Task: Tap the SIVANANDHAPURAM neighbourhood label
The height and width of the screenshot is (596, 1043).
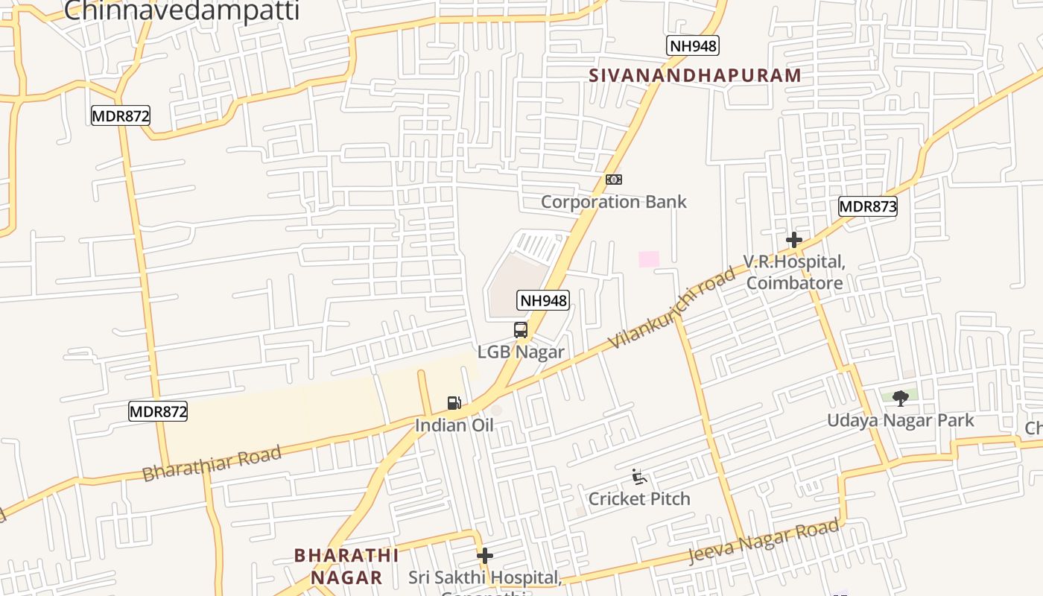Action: (x=695, y=75)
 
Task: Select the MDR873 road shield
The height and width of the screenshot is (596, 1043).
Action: (x=867, y=206)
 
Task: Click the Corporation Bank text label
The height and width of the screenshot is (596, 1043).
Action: (x=613, y=202)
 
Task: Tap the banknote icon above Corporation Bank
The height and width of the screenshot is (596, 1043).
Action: (x=614, y=180)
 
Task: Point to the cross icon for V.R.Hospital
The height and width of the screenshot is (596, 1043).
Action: (x=794, y=240)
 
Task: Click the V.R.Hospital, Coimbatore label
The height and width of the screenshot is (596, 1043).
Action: (x=794, y=273)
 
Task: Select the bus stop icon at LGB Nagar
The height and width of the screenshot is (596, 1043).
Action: (x=521, y=330)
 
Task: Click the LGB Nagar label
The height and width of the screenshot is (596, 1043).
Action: (x=521, y=352)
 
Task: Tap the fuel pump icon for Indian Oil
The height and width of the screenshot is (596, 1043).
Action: (x=454, y=403)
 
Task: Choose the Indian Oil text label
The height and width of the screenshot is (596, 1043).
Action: (x=454, y=425)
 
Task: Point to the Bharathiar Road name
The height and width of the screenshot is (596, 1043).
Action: (x=212, y=463)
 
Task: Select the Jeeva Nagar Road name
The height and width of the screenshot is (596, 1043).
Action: (x=764, y=542)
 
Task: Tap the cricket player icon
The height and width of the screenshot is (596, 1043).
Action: (x=638, y=477)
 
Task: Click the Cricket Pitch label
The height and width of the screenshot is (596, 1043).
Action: (x=639, y=498)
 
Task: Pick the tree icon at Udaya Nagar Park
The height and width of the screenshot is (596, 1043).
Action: (x=900, y=398)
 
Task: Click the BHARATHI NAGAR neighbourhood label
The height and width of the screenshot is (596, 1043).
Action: (x=346, y=566)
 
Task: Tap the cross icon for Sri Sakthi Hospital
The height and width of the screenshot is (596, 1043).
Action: (x=485, y=556)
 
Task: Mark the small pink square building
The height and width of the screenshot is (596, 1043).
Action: (x=649, y=259)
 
